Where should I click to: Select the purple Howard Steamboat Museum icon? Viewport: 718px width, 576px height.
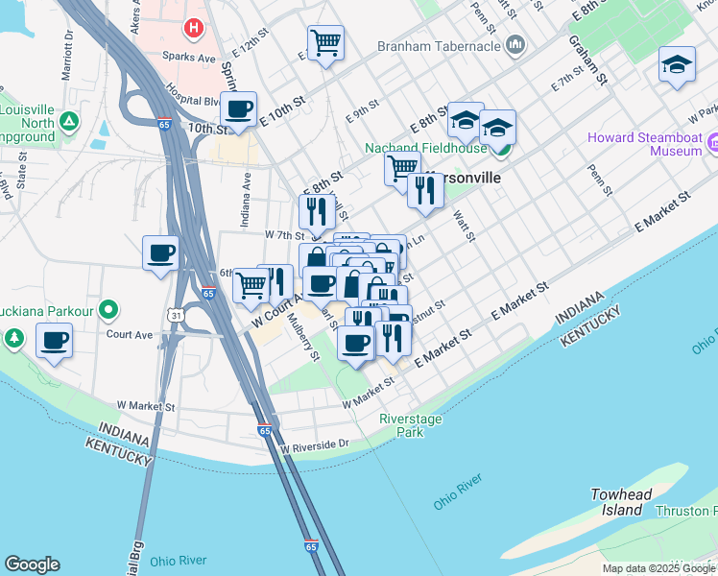[713, 144]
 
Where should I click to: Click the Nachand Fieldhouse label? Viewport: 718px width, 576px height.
[425, 148]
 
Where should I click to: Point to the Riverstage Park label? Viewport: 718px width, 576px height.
[415, 425]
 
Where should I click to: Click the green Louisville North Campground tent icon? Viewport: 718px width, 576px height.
[69, 122]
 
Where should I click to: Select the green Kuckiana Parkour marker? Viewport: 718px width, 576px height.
[108, 310]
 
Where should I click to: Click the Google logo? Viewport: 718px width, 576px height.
[32, 564]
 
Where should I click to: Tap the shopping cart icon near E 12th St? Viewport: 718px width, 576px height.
[325, 43]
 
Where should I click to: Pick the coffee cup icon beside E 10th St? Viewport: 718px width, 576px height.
[237, 108]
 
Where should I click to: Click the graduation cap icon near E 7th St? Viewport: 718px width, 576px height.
[677, 65]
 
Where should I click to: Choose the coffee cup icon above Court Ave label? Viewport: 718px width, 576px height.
[54, 341]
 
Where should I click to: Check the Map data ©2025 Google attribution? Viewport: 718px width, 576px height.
[658, 568]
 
